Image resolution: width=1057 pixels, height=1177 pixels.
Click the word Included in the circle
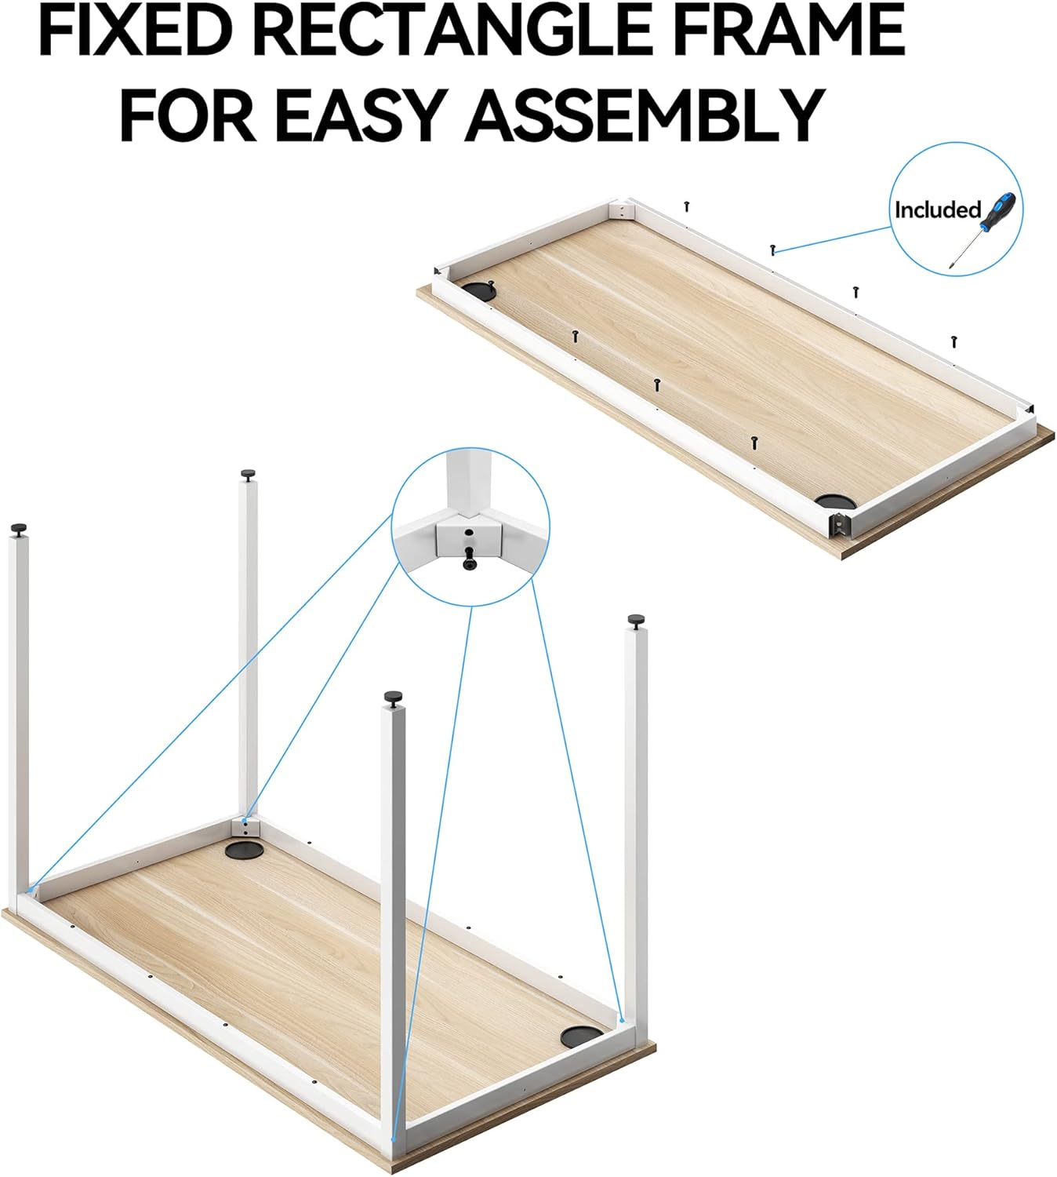click(x=937, y=210)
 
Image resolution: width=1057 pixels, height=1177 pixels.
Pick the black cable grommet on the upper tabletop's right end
click(x=835, y=501)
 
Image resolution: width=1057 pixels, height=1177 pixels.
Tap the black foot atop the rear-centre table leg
click(x=248, y=473)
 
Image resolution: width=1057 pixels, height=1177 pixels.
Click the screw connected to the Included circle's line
click(x=773, y=250)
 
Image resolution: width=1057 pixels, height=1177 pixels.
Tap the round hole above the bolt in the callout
click(x=469, y=533)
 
